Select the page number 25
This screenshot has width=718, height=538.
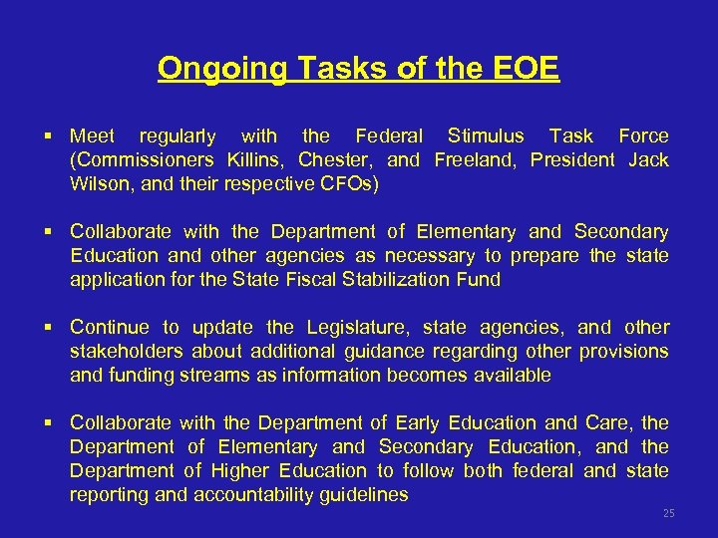click(669, 513)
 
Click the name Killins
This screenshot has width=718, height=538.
click(254, 160)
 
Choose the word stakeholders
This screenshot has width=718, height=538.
click(127, 352)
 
